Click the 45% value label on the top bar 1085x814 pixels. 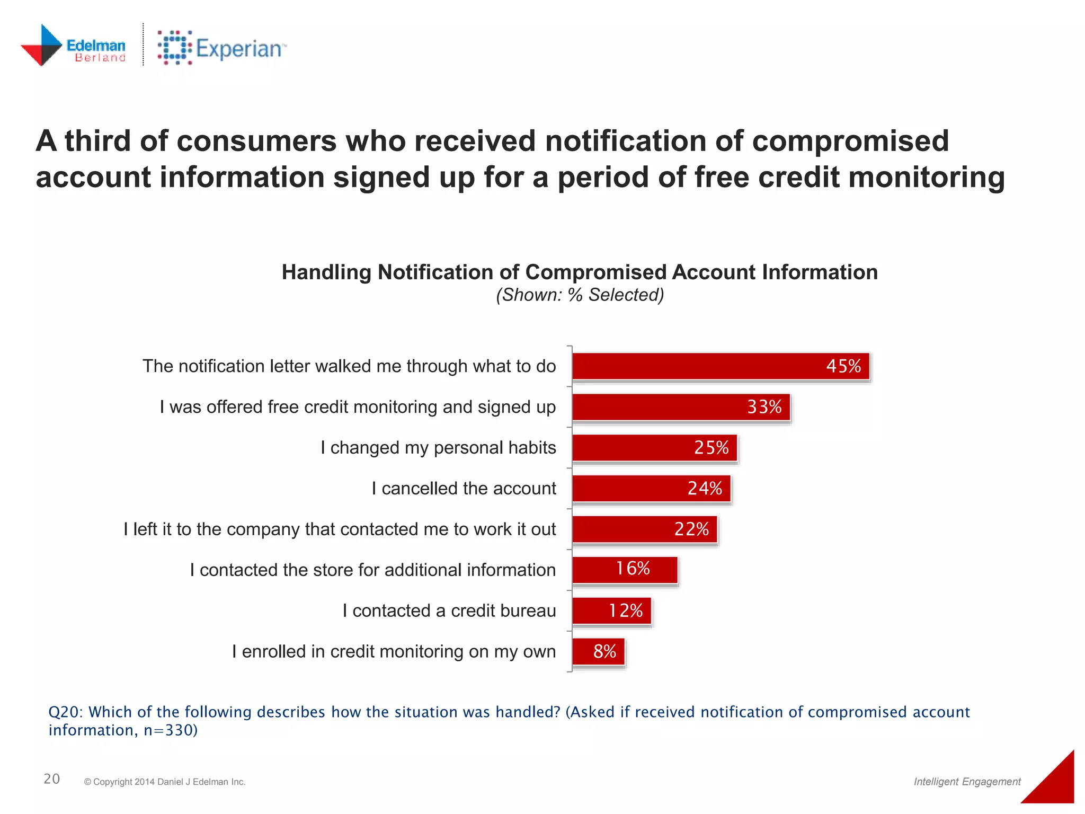point(843,366)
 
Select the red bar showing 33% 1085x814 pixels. point(681,407)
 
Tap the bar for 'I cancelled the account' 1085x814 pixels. point(651,489)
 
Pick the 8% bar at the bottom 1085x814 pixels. point(599,651)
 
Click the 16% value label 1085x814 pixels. point(633,569)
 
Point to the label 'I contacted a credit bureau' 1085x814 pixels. point(449,610)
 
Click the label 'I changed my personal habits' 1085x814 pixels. point(438,448)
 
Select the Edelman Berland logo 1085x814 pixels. point(73,46)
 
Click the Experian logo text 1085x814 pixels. point(239,49)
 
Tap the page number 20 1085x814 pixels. point(51,778)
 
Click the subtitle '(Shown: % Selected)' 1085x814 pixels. point(580,295)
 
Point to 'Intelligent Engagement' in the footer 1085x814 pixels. point(967,781)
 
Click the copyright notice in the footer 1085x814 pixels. point(165,782)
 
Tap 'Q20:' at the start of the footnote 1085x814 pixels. point(66,712)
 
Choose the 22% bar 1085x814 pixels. point(644,529)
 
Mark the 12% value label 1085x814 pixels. point(625,610)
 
